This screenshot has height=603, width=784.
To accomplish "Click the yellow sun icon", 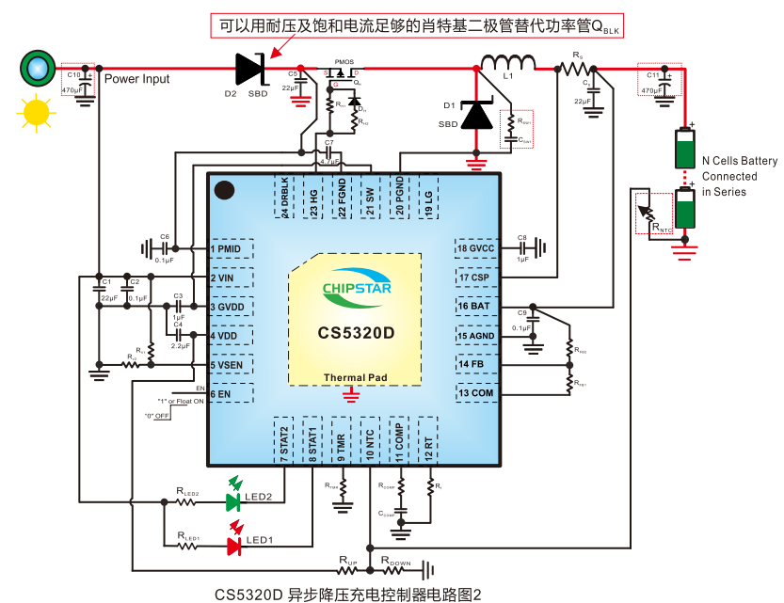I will [x=36, y=112].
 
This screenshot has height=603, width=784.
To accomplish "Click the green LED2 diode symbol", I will [x=233, y=502].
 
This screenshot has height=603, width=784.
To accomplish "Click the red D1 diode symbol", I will [x=477, y=116].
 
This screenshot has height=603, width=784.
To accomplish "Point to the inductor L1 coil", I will [x=508, y=64].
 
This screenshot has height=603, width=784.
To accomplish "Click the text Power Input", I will [x=136, y=80].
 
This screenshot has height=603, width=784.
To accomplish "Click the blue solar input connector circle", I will [x=37, y=67].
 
